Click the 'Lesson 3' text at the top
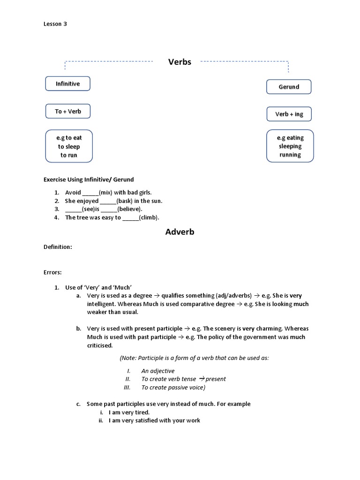[55, 24]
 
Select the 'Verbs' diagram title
[180, 62]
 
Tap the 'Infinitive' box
[67, 83]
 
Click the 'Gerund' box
[289, 87]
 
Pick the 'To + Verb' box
[67, 111]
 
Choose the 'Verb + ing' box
[289, 114]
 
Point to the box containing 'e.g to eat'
[69, 146]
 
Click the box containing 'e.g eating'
[290, 146]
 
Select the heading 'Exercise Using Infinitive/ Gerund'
[89, 180]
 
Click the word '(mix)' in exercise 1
[106, 193]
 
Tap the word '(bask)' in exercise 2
[125, 201]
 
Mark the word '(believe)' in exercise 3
[129, 209]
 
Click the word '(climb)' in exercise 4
[149, 217]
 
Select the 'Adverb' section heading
[180, 232]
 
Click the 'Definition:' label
[58, 247]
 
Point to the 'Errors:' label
[52, 272]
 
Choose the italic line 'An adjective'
[158, 371]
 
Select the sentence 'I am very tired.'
[129, 412]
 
